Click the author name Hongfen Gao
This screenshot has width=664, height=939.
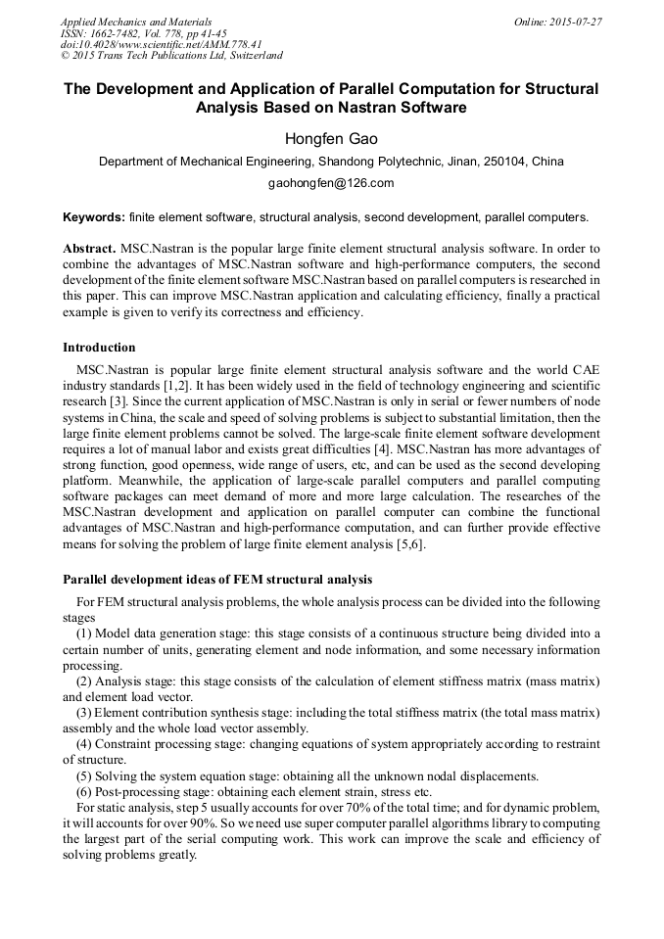coord(331,139)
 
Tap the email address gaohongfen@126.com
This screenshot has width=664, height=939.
coord(331,183)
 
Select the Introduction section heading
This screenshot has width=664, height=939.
coord(99,348)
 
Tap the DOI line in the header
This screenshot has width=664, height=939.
coord(161,44)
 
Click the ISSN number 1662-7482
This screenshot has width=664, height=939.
coord(122,32)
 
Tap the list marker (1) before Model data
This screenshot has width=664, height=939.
coord(85,634)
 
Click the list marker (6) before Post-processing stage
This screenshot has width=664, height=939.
coord(85,791)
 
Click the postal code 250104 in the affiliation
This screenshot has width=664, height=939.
coord(504,162)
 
